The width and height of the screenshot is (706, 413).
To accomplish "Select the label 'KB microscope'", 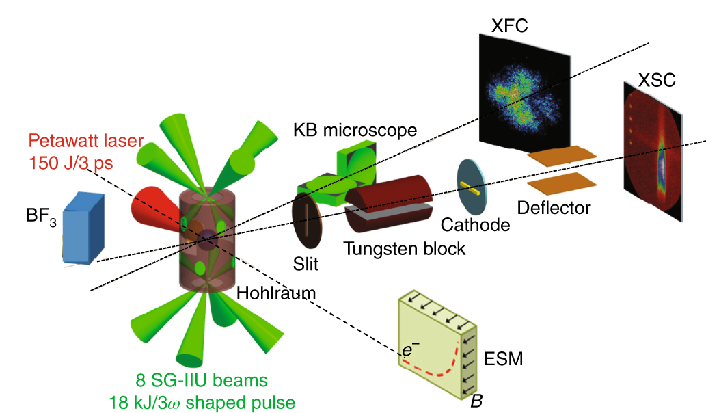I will (355, 130).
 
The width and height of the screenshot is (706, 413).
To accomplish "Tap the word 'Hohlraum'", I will (275, 293).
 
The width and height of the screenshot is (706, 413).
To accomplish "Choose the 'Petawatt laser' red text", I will (86, 142).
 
